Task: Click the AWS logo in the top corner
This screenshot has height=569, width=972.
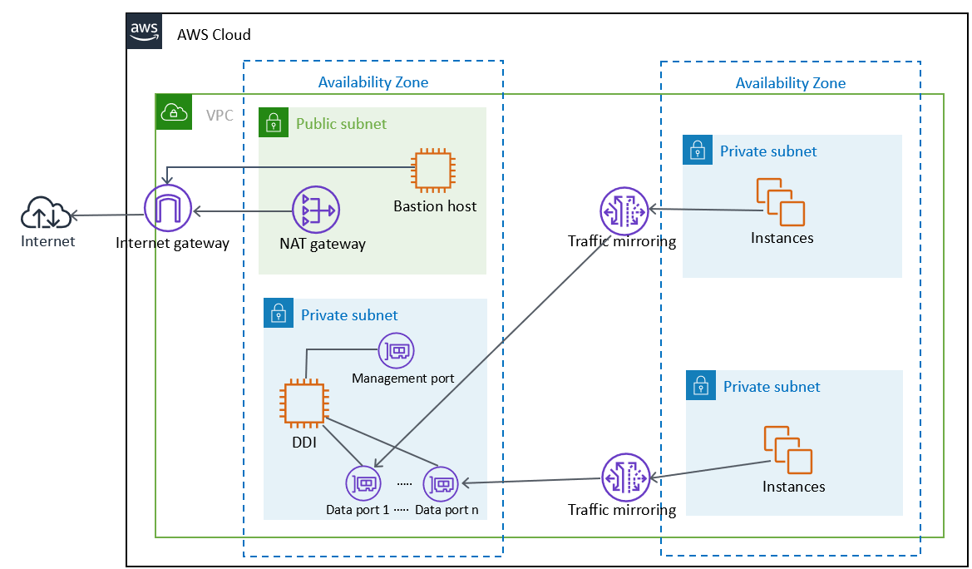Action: click(x=144, y=31)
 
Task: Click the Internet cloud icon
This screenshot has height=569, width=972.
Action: click(x=45, y=215)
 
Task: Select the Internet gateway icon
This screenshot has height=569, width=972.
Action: click(x=168, y=208)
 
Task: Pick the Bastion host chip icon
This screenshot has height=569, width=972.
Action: click(x=435, y=171)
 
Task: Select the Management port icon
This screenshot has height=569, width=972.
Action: click(x=397, y=352)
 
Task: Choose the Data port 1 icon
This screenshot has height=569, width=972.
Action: click(x=363, y=483)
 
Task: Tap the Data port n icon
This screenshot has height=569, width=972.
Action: click(x=441, y=483)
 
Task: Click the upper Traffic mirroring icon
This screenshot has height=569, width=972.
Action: click(x=624, y=210)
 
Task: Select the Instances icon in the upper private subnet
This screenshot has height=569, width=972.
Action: click(x=781, y=202)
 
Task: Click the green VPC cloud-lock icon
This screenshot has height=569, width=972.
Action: click(x=172, y=111)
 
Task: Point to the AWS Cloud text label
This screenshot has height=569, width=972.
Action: click(x=214, y=35)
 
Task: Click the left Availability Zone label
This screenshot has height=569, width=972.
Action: click(x=373, y=82)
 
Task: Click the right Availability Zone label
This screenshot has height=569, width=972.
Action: click(x=790, y=82)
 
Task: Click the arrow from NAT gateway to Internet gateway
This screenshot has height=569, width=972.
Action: click(x=241, y=212)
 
